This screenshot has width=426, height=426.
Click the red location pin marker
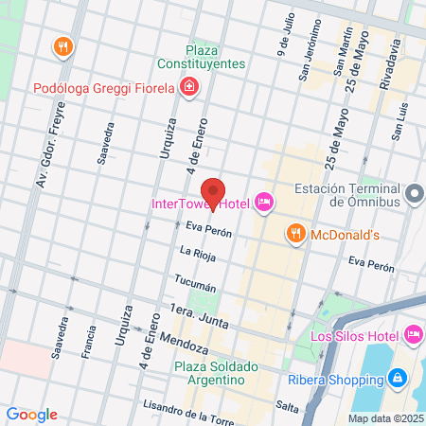tap(213, 193)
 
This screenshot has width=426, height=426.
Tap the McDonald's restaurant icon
tap(295, 234)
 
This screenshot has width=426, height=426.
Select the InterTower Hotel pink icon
tap(264, 202)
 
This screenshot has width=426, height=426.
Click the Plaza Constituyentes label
tap(216, 56)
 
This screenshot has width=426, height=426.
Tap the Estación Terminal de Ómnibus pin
tap(413, 194)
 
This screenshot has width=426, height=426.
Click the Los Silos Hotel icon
tap(413, 334)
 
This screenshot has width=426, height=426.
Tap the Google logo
tap(31, 414)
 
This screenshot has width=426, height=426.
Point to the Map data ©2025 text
tap(384, 418)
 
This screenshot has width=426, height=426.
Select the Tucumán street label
tap(196, 282)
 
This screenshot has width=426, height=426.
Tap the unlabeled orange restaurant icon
tap(63, 45)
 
